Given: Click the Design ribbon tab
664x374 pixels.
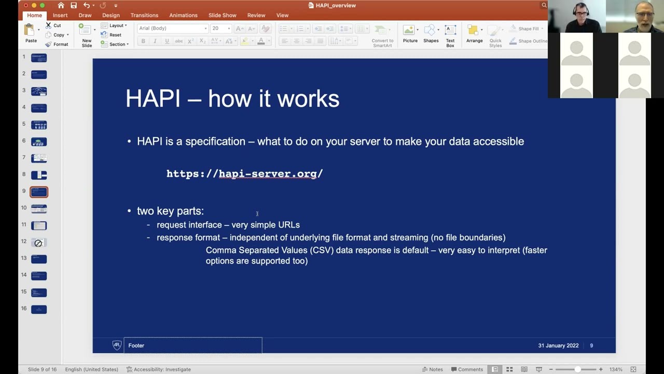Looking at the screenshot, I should pos(110,16).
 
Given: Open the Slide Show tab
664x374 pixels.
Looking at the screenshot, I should pos(222,16).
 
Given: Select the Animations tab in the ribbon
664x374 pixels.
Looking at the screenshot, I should pos(183,16).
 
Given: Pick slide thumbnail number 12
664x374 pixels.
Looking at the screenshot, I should pos(38,243).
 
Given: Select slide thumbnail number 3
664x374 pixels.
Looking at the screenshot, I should pos(38,91).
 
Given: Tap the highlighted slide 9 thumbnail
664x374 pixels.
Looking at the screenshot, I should pos(38,192).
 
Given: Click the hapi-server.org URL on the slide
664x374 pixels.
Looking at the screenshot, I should pos(244,174).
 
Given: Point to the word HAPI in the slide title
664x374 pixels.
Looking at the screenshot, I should pos(153,99).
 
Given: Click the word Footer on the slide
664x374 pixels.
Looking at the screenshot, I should pos(136,345).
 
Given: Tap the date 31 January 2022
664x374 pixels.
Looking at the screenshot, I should pos(558,345).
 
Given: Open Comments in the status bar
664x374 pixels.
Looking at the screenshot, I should pos(466,369).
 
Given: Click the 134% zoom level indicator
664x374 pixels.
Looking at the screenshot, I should pos(616,369).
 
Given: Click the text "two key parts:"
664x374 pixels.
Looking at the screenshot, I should pos(170,211).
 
